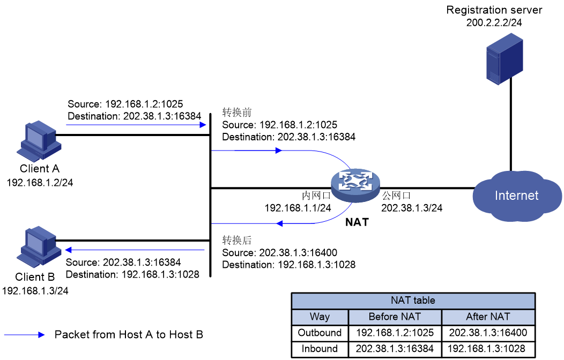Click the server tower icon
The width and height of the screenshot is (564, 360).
tap(504, 58)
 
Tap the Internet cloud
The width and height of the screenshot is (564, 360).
tap(516, 196)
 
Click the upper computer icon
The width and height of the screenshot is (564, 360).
tap(39, 140)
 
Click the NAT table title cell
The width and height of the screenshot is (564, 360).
tap(413, 301)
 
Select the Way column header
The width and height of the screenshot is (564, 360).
tap(320, 317)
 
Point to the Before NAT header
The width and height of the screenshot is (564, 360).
tap(395, 317)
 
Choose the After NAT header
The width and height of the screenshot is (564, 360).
tap(488, 317)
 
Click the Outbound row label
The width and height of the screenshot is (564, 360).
tap(320, 333)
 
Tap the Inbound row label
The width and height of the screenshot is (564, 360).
tap(320, 349)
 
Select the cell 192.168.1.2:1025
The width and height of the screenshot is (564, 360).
tap(395, 333)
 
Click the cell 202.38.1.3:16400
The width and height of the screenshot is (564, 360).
tap(488, 333)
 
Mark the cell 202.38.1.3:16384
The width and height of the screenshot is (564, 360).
tap(395, 349)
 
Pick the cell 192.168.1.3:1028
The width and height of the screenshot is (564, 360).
tap(488, 349)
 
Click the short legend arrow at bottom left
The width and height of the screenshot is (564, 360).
tap(24, 335)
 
